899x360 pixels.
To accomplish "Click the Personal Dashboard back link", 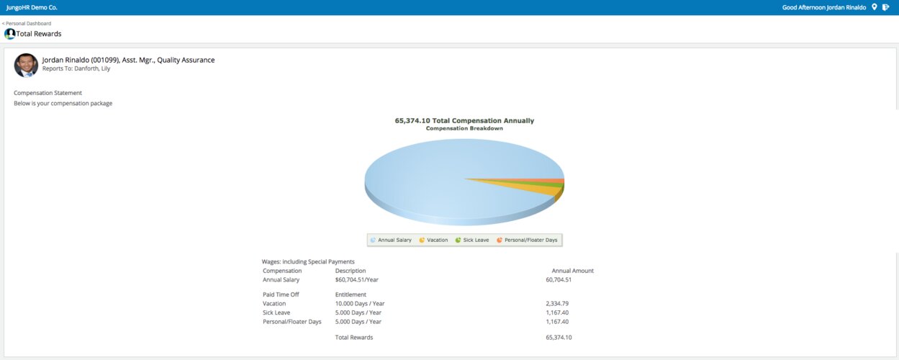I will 27,23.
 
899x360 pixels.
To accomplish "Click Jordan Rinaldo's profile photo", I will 26,65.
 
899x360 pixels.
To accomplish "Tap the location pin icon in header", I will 874,7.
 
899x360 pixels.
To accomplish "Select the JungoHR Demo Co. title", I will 31,7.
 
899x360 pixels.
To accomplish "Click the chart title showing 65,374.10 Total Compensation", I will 464,120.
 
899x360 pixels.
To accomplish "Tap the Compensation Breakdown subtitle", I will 464,128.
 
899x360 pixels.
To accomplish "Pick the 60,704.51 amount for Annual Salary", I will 559,279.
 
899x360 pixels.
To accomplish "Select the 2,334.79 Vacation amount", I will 557,303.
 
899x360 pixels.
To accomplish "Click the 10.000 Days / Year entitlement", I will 360,303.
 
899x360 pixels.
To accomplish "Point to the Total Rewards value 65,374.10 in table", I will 559,337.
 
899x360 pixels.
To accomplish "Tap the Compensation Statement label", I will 48,93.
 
